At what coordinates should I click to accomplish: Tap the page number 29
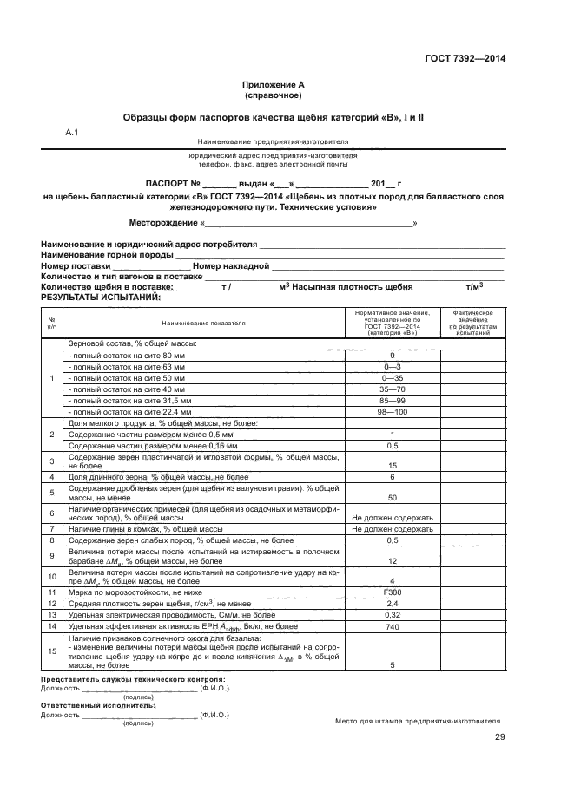click(499, 737)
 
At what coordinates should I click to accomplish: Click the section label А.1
click(72, 132)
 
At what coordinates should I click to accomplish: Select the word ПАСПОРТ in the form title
click(173, 184)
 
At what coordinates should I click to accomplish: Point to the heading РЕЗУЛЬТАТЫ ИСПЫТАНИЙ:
click(101, 297)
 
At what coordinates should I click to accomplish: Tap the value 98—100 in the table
click(393, 412)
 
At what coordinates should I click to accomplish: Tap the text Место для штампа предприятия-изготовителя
click(418, 721)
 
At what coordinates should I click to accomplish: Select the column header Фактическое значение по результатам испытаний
click(473, 322)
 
